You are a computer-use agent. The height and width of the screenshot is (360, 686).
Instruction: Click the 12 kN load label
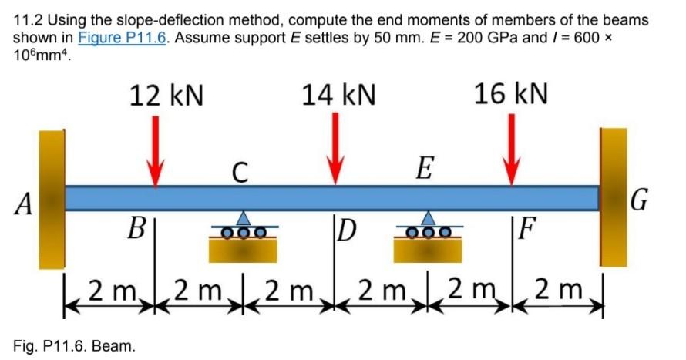[x=166, y=95]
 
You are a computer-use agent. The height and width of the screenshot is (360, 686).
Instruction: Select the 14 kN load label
[x=338, y=95]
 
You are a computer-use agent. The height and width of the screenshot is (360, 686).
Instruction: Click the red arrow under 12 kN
[x=156, y=150]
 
